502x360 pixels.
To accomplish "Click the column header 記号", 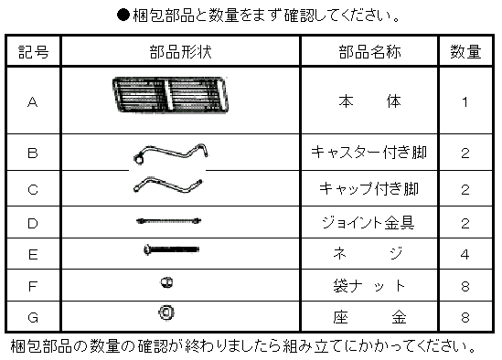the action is pos(33,51).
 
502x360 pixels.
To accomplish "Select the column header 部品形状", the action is pos(180,51).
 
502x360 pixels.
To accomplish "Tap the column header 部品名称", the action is pos(369,51).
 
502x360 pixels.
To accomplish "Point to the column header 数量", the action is pos(465,51).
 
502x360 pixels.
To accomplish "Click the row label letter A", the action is pos(33,102).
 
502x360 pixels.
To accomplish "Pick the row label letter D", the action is pos(33,223).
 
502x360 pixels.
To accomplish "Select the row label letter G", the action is pos(33,317).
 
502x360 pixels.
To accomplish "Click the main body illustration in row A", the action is pos(170,94).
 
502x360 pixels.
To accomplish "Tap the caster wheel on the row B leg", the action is pos(139,159).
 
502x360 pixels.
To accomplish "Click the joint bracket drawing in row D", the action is pos(169,220).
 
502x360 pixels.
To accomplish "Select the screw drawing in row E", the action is pos(171,249).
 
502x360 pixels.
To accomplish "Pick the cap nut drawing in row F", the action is pos(166,282).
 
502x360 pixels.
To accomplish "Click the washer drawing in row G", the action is pos(166,312).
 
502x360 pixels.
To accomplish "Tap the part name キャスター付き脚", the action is pos(368,152).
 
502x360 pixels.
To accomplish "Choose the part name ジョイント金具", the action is pos(368,222).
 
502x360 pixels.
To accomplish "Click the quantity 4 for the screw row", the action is pos(465,254).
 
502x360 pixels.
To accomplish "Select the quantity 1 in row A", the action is pos(465,102).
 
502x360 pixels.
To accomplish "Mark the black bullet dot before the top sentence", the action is pos(123,15).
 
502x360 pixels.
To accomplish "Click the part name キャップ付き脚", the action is pos(368,188).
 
